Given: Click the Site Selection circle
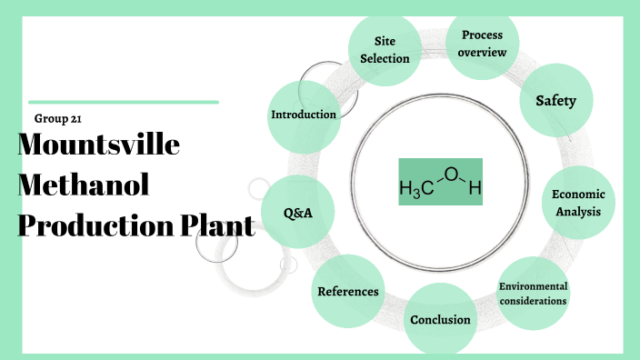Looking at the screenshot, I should (385, 50).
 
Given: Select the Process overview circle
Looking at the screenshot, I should (483, 43).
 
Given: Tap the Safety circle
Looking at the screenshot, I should (555, 101).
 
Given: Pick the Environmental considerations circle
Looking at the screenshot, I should (533, 293).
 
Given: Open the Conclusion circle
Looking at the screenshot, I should (440, 319).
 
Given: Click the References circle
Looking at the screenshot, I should (348, 291).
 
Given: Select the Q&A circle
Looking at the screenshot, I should (296, 213).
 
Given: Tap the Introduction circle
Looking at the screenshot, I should (304, 115).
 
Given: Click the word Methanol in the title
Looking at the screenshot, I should (83, 185).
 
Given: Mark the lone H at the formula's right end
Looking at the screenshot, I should (474, 190).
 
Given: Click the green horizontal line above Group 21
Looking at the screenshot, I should (124, 103).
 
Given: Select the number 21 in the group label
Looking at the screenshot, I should (77, 119).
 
